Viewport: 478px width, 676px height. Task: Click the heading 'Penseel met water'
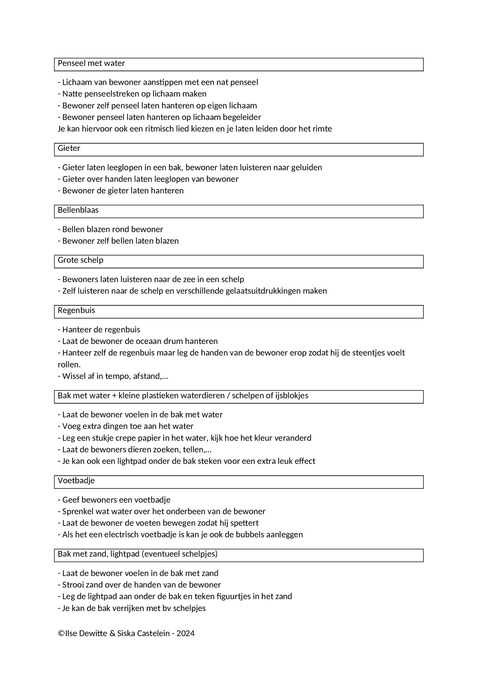[91, 63]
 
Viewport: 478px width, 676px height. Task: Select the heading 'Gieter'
[69, 148]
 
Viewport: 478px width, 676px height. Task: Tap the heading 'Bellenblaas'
[78, 210]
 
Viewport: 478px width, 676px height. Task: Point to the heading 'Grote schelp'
[80, 260]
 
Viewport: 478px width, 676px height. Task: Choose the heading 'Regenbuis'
[76, 310]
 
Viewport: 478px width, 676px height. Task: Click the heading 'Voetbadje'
[76, 481]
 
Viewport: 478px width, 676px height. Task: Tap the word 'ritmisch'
[160, 129]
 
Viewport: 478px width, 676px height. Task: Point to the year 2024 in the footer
[186, 633]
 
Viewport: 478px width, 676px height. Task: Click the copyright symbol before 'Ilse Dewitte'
[61, 633]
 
